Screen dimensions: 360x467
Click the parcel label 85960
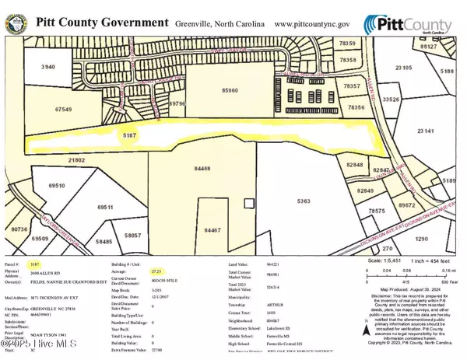[x=228, y=90]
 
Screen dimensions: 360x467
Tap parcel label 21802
[x=78, y=159]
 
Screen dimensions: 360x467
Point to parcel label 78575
[x=377, y=211]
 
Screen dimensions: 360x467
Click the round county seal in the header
[x=14, y=23]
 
